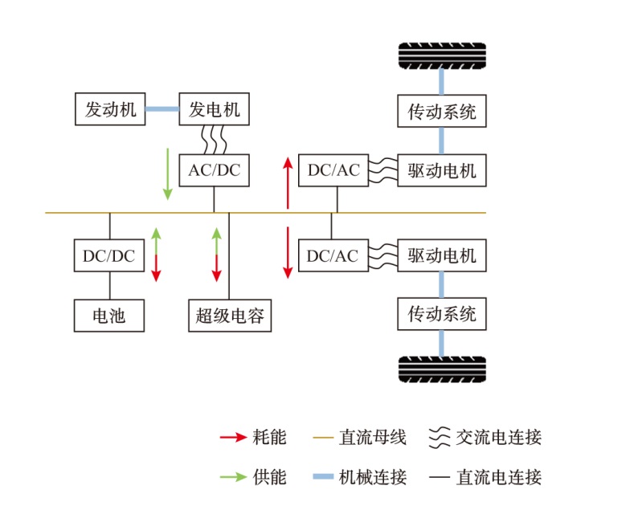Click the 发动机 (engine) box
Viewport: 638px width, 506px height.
tap(110, 109)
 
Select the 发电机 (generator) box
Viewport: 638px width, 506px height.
tap(214, 109)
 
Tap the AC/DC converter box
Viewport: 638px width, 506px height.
tap(214, 170)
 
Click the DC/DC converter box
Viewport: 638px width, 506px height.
tap(109, 255)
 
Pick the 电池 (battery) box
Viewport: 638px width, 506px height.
tap(109, 316)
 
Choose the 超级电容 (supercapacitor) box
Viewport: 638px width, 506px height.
tap(230, 316)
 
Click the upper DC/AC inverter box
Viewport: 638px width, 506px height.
tap(333, 170)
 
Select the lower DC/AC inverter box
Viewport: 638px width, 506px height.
tap(333, 255)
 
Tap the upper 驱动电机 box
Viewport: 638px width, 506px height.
tap(442, 170)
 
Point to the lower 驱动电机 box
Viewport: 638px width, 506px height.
tap(442, 255)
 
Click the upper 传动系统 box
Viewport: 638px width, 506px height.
tap(442, 111)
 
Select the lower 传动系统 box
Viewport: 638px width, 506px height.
tap(442, 312)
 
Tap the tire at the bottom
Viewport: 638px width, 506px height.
tap(442, 369)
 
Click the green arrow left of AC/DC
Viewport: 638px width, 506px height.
tap(167, 173)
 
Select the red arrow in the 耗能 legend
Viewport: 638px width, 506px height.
tap(232, 438)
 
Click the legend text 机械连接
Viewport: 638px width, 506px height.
tap(373, 477)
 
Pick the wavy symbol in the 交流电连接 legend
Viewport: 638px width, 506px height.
tap(438, 438)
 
